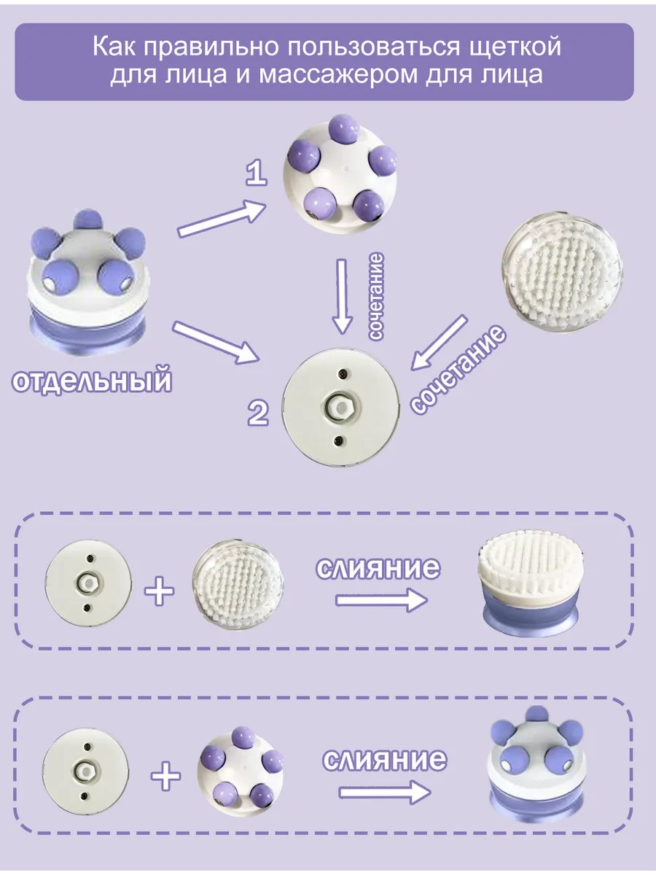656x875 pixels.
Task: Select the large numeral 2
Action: (x=258, y=413)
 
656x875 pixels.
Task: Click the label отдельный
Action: (x=92, y=381)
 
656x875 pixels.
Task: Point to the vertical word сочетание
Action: (x=375, y=296)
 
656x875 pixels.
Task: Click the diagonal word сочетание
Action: (x=458, y=369)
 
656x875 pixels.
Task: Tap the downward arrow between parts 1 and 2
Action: (x=342, y=296)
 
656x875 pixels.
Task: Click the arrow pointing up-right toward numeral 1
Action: (x=222, y=219)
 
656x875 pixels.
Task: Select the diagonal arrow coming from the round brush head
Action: (x=439, y=342)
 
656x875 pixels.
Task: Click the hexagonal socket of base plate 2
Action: (x=341, y=407)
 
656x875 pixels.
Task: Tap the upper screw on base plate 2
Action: (x=342, y=373)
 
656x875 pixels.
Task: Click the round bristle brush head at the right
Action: (x=563, y=273)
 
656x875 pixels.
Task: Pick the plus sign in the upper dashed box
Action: (x=160, y=591)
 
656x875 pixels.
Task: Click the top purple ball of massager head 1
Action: (x=344, y=130)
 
